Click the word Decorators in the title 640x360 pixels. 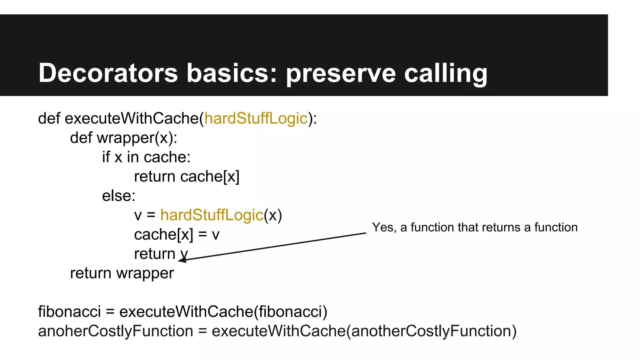(108, 73)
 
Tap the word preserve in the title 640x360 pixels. (341, 74)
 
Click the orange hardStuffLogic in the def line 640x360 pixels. (256, 118)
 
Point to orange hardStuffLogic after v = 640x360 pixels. (212, 215)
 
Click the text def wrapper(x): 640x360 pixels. (123, 138)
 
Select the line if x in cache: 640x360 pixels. (146, 157)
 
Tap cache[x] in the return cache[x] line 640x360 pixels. (210, 177)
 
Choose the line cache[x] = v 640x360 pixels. (177, 235)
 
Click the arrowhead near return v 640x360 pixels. (182, 260)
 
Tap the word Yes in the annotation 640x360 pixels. (382, 227)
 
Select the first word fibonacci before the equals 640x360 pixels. (69, 312)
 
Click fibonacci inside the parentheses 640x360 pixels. (291, 312)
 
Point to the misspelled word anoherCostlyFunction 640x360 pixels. (115, 331)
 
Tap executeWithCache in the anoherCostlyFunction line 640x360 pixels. (278, 331)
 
